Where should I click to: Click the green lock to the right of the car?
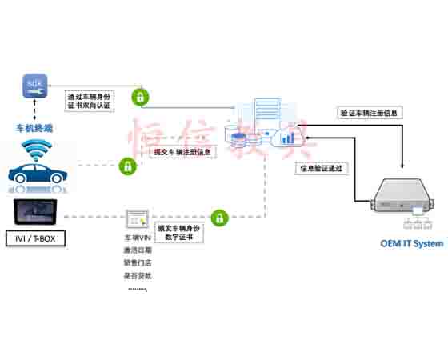click(126, 166)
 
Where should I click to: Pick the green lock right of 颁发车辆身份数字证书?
click(217, 217)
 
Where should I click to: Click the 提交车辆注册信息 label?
click(182, 151)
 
